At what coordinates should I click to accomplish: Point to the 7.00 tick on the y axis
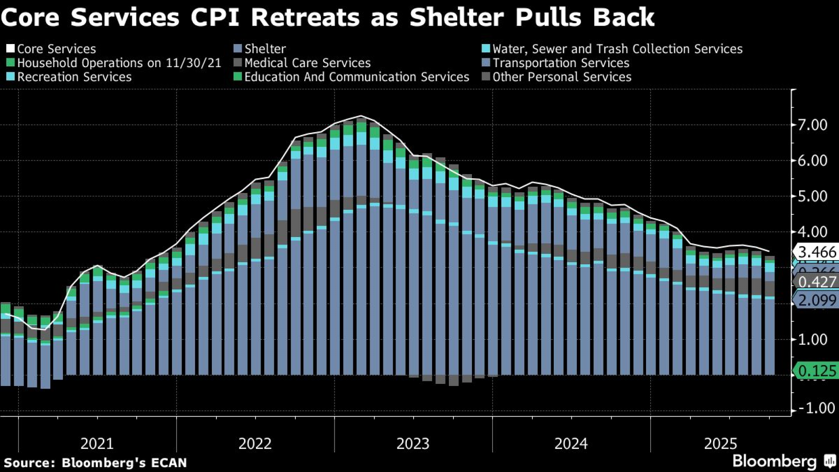pos(812,125)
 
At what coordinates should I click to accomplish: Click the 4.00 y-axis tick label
pos(812,232)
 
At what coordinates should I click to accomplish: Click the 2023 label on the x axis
pos(413,443)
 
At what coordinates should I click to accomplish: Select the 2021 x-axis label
pos(97,443)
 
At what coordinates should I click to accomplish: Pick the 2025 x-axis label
pos(720,443)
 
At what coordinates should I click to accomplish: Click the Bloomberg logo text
pos(774,461)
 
